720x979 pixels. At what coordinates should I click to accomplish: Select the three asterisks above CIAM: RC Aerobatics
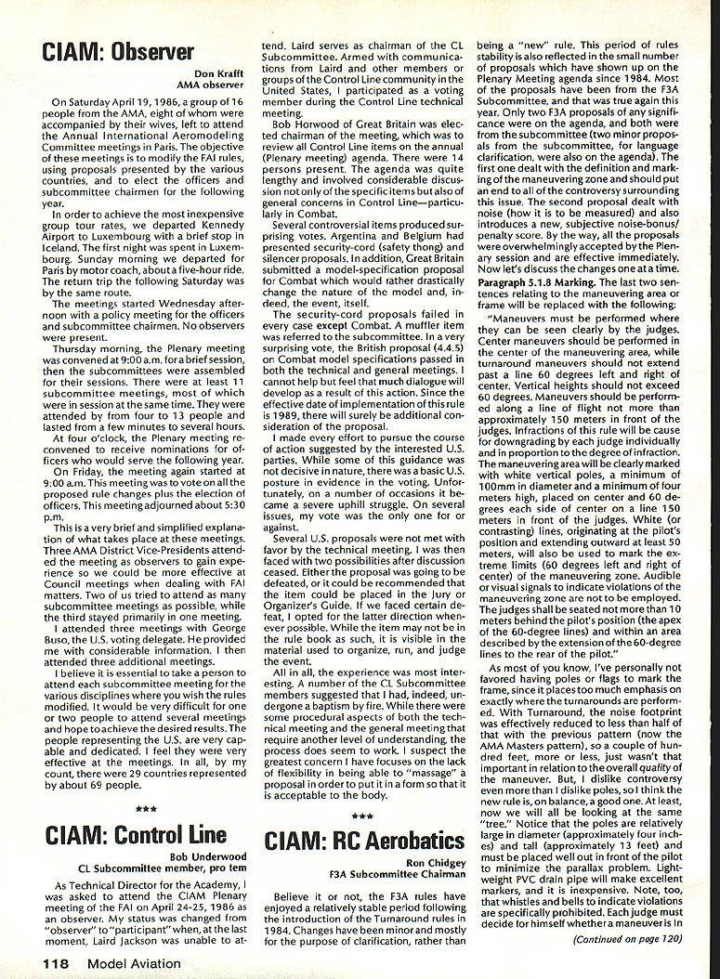pos(362,816)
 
